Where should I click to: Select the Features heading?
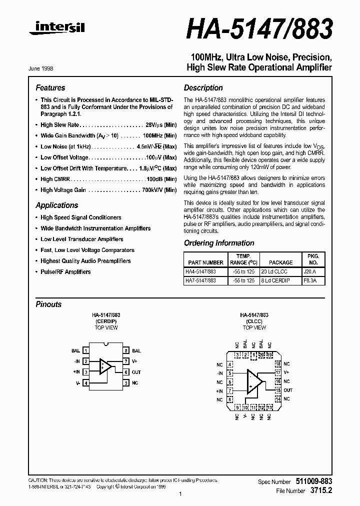coord(50,87)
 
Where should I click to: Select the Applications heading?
coord(57,205)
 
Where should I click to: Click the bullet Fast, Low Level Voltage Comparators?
coord(87,250)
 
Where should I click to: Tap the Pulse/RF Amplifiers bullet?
coord(65,272)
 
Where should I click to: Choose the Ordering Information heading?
coord(219,243)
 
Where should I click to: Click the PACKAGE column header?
coord(280,262)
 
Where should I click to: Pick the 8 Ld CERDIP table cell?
coord(280,280)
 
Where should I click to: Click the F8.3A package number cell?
coord(313,280)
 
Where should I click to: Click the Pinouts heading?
coord(49,304)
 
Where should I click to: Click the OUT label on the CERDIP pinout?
coord(136,372)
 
